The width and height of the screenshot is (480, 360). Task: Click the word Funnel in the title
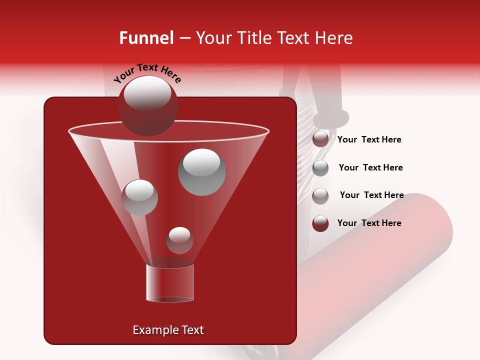click(146, 38)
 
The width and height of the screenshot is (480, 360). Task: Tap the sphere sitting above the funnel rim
click(147, 105)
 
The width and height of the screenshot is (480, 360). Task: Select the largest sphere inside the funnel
click(202, 172)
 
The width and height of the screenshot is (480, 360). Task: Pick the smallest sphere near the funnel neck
click(179, 240)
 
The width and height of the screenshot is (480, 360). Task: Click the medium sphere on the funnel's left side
click(140, 197)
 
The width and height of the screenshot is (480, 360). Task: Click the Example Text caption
click(168, 330)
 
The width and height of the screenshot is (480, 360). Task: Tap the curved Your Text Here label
click(147, 73)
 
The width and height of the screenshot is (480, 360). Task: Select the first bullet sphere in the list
click(320, 139)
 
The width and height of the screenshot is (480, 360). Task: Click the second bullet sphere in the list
click(320, 168)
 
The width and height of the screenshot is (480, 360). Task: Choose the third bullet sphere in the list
click(320, 196)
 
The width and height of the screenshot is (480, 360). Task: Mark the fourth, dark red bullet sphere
click(320, 223)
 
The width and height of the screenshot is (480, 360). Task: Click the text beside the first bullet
click(369, 140)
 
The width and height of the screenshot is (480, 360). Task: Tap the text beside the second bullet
click(370, 168)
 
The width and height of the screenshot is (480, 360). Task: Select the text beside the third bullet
click(371, 195)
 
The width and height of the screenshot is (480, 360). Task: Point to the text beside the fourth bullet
click(369, 223)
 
